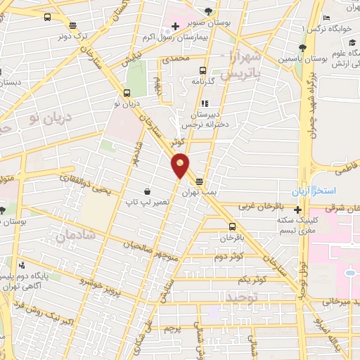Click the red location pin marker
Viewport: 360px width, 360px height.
(x=181, y=165)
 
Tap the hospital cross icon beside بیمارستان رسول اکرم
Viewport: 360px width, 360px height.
(x=175, y=26)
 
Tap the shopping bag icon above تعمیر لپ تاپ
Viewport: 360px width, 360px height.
(x=146, y=191)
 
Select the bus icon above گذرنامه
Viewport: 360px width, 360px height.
(x=202, y=70)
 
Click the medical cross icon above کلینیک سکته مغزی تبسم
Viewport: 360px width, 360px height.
(x=299, y=210)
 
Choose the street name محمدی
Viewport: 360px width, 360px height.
(x=176, y=59)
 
